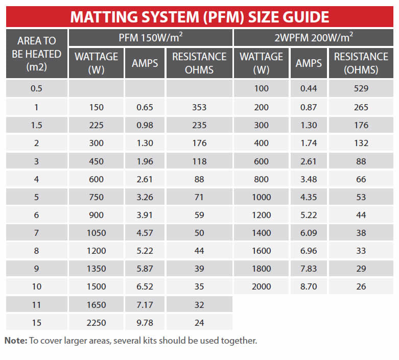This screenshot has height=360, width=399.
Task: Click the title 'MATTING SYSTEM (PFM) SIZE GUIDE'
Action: [199, 16]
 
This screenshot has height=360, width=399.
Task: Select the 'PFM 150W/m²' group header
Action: [150, 37]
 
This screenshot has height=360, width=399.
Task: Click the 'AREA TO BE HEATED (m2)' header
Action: [36, 54]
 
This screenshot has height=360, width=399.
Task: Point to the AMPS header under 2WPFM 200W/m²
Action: [309, 63]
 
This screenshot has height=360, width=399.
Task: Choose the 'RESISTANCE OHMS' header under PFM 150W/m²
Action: [199, 63]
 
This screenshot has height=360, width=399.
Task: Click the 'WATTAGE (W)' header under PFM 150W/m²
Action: [96, 63]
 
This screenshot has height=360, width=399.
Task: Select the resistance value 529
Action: [361, 89]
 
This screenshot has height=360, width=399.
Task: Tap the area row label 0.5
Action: [36, 89]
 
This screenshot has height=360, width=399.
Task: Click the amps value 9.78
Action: [145, 322]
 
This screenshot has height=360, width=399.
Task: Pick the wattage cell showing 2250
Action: [96, 322]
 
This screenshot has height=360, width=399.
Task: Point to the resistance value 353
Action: [199, 107]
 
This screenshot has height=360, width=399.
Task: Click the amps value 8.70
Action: [309, 286]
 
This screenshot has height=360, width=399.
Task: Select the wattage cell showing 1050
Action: [96, 233]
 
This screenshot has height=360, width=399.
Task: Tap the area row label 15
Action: [36, 322]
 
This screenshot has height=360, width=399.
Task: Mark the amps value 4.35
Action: [309, 197]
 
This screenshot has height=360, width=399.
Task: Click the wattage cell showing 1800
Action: [261, 269]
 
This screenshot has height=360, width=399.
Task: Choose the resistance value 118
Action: [199, 161]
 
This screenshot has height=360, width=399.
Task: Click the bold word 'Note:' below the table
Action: [16, 341]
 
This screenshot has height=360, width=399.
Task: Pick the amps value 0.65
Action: [145, 107]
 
